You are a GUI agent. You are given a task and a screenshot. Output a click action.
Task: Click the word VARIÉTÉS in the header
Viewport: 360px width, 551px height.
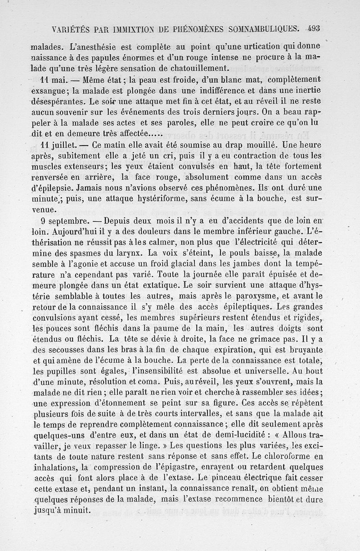point(70,30)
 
